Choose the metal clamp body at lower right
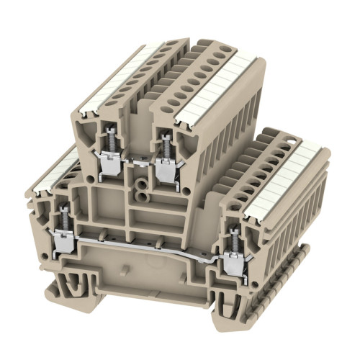[233, 266]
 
